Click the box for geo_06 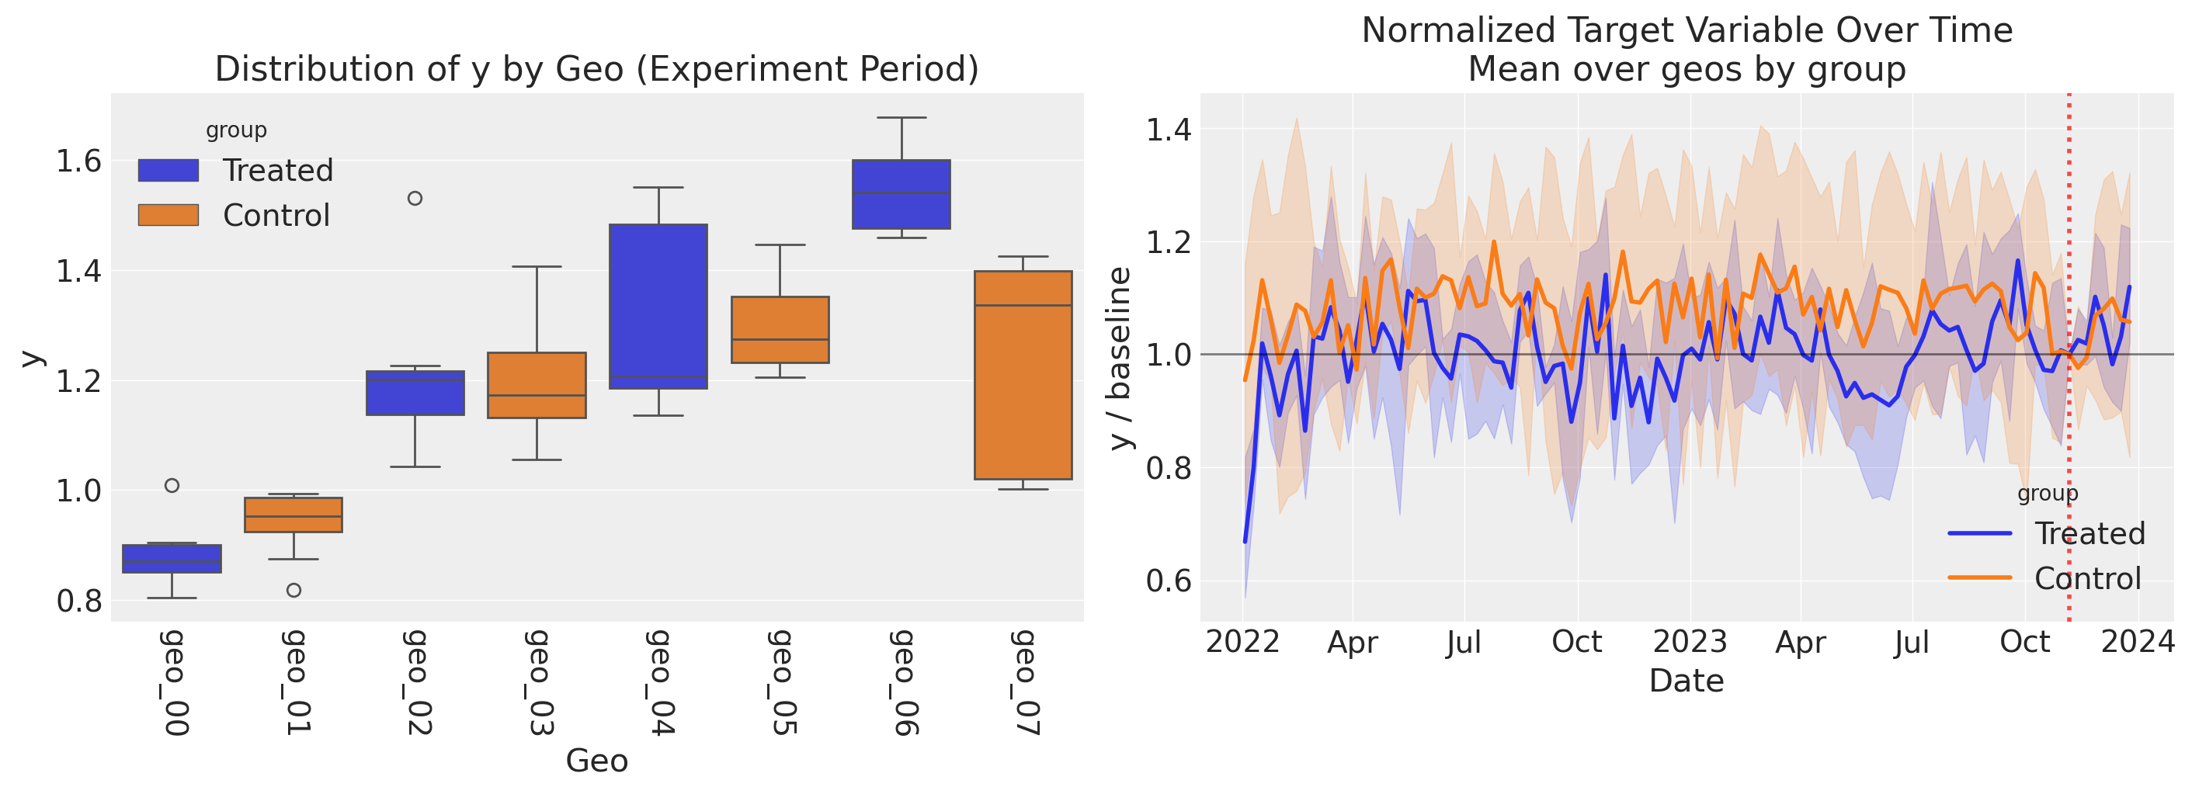pyautogui.click(x=901, y=194)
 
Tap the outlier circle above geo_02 pyautogui.click(x=415, y=198)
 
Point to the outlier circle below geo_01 pyautogui.click(x=294, y=590)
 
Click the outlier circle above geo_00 pyautogui.click(x=172, y=486)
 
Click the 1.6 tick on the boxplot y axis pyautogui.click(x=78, y=161)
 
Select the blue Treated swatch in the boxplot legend pyautogui.click(x=168, y=170)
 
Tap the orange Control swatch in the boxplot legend pyautogui.click(x=168, y=215)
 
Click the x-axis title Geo pyautogui.click(x=596, y=761)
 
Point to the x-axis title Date pyautogui.click(x=1687, y=681)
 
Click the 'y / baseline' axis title pyautogui.click(x=1120, y=358)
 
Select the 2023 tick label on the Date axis pyautogui.click(x=1690, y=642)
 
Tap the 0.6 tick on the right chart pyautogui.click(x=1169, y=581)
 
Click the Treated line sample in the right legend pyautogui.click(x=1979, y=533)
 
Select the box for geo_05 pyautogui.click(x=780, y=330)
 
